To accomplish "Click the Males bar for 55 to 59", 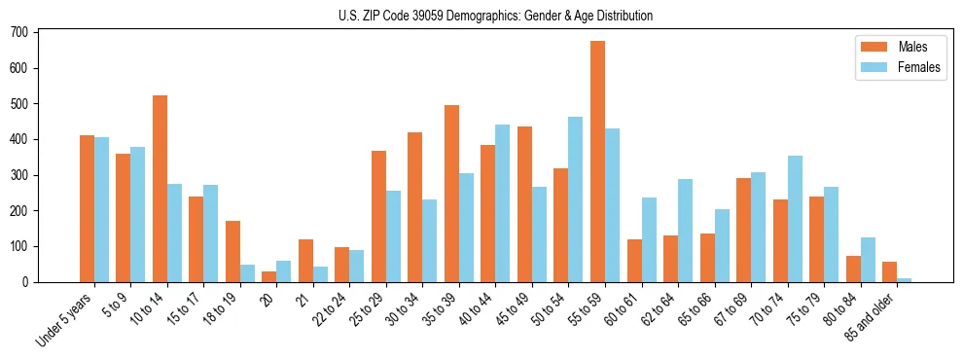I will [x=597, y=162].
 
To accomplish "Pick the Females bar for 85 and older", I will [x=905, y=280].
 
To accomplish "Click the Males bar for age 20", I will [x=269, y=276].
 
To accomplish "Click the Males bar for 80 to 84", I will [x=853, y=269].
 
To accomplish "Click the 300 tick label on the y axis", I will [x=21, y=175].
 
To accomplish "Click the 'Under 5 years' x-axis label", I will [x=64, y=317].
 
